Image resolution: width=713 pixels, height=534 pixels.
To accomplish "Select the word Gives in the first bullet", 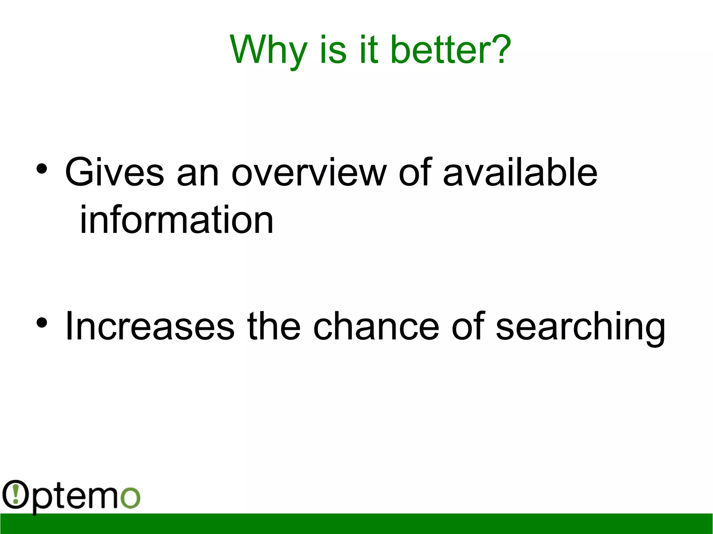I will point(114,172).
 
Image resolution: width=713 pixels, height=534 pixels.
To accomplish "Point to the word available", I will point(520,172).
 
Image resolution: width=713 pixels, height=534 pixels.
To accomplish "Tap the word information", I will point(177,220).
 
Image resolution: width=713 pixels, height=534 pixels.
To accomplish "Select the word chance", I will point(376,326).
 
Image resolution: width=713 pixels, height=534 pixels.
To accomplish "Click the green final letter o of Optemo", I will point(130,497).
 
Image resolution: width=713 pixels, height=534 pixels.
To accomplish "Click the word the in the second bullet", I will point(274,326).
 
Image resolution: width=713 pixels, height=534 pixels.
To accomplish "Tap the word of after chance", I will point(468,326).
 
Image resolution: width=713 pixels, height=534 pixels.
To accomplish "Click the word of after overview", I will point(415,172).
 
